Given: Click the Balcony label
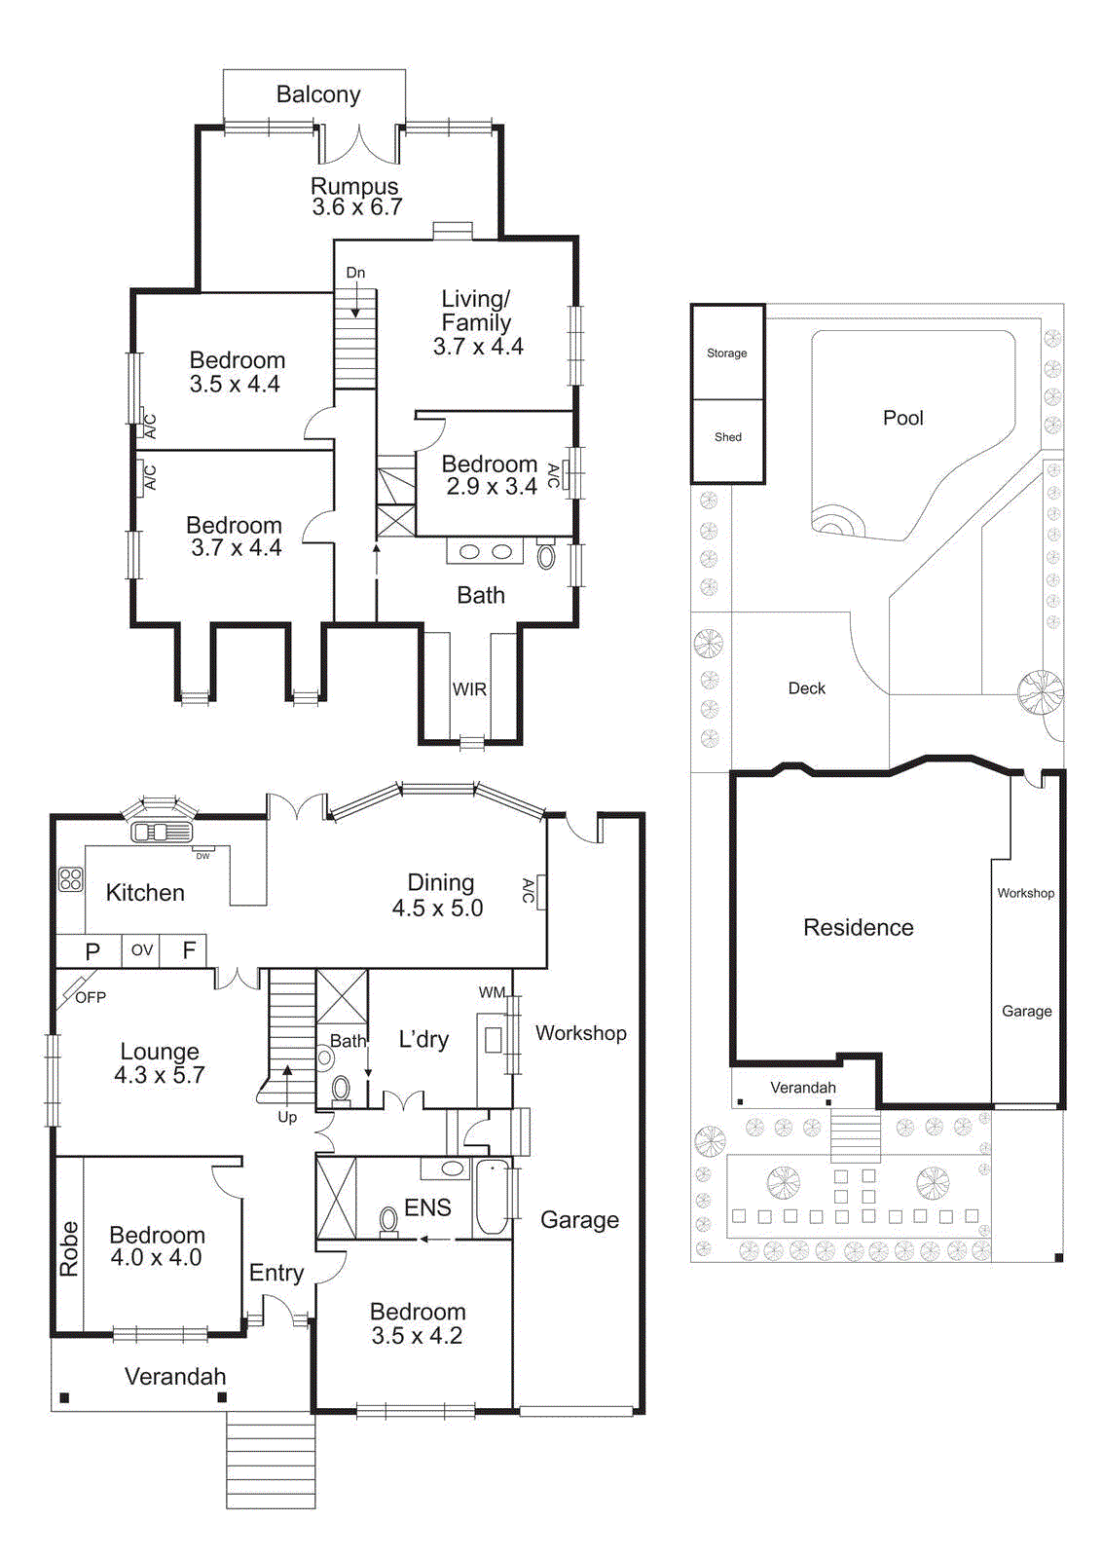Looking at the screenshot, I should [x=318, y=94].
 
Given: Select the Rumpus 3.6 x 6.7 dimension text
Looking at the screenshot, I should [x=357, y=207].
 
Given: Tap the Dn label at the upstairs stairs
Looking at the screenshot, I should [x=355, y=273].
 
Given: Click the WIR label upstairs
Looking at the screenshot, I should [x=469, y=689].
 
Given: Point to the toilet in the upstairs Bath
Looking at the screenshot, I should [x=546, y=556].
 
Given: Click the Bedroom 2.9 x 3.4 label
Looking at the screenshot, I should [x=491, y=475].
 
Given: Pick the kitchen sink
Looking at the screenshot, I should [x=162, y=832].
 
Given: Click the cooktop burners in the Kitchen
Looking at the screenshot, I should [x=71, y=879].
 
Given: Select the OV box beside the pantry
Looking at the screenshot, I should [x=142, y=950].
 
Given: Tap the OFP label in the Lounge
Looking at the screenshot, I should [x=91, y=997].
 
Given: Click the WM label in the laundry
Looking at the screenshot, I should [x=492, y=992].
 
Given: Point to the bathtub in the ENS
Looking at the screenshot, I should [x=494, y=1197].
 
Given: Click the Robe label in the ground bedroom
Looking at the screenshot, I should [x=69, y=1249].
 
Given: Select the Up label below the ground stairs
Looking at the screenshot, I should [x=287, y=1117].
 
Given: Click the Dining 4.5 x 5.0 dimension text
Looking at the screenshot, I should [x=438, y=909].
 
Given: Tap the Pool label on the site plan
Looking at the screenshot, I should [x=902, y=418].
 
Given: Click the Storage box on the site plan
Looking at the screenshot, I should [x=727, y=352].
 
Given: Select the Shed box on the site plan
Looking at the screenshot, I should [x=727, y=437].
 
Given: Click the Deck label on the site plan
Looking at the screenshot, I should [x=806, y=688].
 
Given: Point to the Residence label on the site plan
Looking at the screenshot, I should [x=858, y=927].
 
